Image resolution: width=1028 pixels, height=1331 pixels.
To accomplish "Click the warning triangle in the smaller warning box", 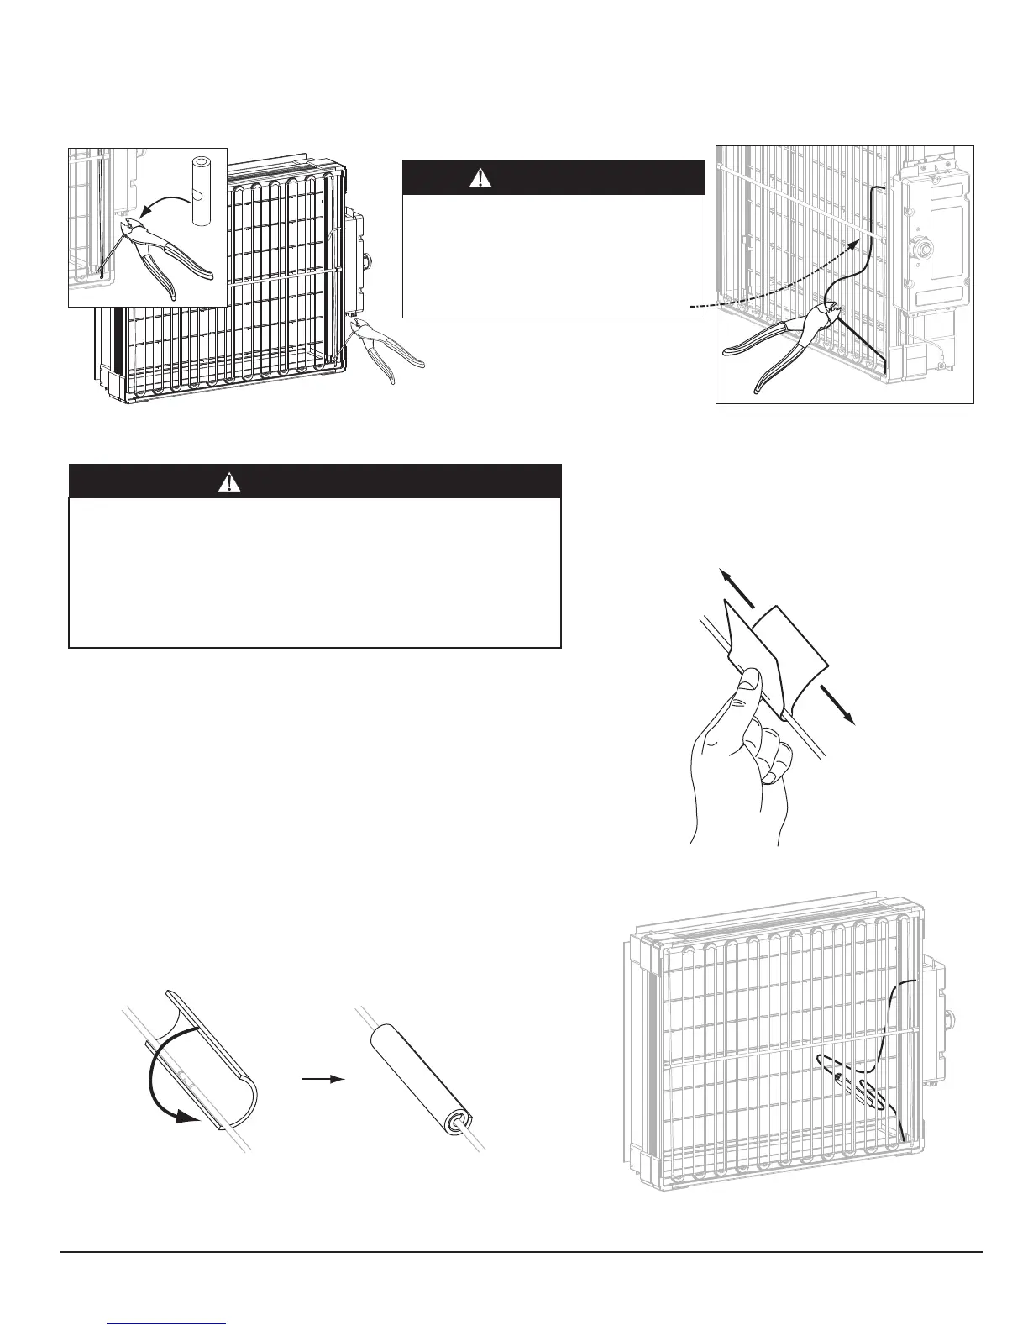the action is [480, 178].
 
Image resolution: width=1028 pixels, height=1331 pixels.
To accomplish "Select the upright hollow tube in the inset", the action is [199, 190].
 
